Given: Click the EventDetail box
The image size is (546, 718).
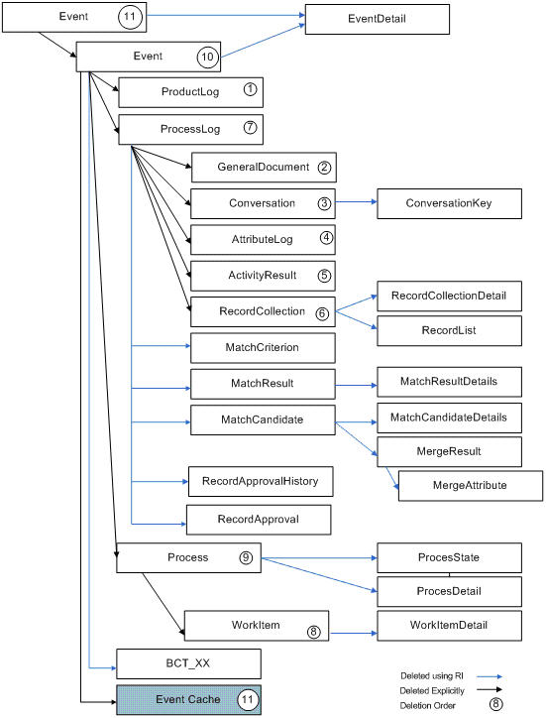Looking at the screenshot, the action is [378, 19].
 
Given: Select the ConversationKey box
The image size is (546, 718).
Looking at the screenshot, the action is [449, 203].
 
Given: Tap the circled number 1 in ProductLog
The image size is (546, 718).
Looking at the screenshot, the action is [250, 89].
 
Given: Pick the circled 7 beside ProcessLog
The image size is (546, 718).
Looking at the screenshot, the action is [250, 127].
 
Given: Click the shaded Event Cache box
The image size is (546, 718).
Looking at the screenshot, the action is [188, 700].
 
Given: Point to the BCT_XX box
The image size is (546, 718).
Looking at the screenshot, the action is [188, 663].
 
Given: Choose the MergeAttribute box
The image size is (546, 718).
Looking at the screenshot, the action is [471, 486].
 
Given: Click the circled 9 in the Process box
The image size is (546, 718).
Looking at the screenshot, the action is [246, 557].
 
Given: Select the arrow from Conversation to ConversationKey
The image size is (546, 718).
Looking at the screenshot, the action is [356, 202].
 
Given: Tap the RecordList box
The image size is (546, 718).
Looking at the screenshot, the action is [449, 330].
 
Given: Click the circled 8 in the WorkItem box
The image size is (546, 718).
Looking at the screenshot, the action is [313, 632].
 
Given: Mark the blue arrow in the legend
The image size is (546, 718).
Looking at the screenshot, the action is [490, 676].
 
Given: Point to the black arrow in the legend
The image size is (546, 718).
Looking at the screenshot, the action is [490, 689].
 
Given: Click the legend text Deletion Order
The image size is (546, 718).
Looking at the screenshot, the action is [428, 706].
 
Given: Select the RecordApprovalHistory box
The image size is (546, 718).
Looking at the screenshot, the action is [261, 482].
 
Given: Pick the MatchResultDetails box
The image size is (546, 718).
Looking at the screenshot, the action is [449, 382].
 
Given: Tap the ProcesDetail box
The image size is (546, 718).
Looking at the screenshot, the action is [449, 592].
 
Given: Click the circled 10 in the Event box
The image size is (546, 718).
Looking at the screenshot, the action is [207, 57].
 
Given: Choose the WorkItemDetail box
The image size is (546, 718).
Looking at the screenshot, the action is [449, 626].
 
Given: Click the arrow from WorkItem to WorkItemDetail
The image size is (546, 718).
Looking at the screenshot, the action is [354, 634].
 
